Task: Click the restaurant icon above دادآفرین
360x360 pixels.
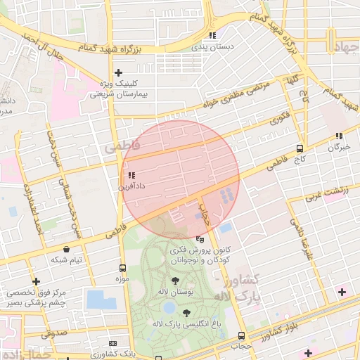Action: coord(131,176)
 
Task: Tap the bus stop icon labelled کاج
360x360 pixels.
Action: coord(300,148)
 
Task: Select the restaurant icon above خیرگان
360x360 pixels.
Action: coord(339,136)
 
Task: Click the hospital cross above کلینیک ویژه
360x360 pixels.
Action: coord(119,72)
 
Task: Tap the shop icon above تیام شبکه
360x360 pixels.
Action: coord(66,249)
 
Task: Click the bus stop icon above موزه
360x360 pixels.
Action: coord(123,268)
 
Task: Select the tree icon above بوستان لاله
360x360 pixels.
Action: coord(174,281)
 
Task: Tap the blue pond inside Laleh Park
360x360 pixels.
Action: coord(168,307)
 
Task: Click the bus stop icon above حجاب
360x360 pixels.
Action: coord(242,335)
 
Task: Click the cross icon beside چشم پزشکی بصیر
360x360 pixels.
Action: coord(36,281)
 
